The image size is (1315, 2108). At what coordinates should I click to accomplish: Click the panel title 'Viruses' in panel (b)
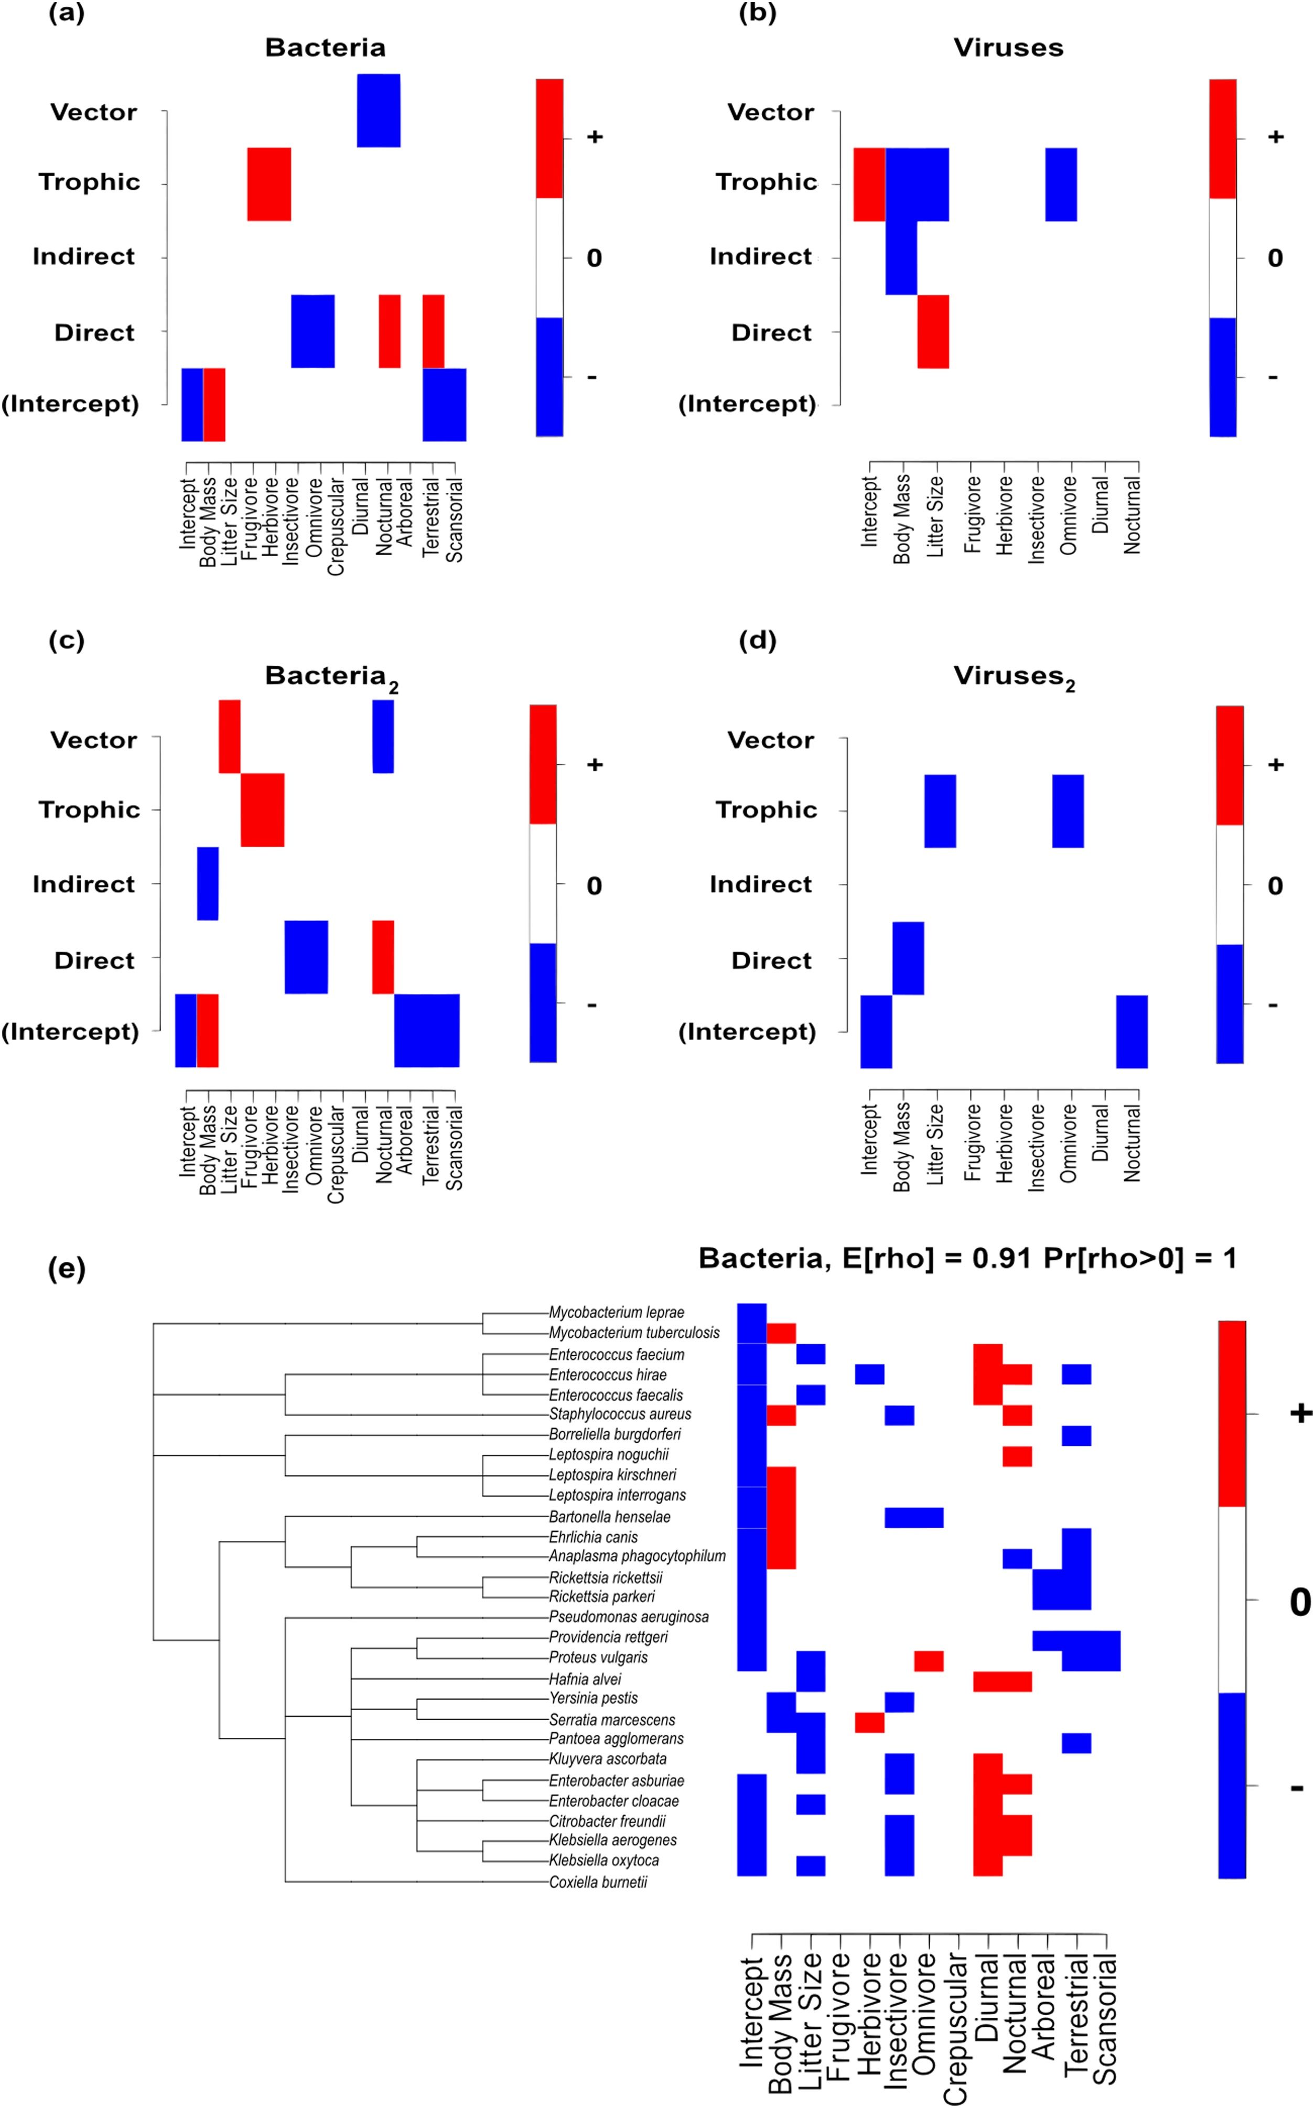click(x=1008, y=48)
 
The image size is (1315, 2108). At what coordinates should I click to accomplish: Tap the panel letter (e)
click(x=66, y=1269)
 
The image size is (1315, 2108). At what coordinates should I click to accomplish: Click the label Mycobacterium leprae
click(x=616, y=1312)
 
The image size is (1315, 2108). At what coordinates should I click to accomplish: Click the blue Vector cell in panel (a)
click(x=379, y=111)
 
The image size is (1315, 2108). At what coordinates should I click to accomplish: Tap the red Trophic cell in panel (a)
click(x=269, y=183)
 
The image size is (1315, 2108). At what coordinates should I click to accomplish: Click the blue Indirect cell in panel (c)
click(x=208, y=883)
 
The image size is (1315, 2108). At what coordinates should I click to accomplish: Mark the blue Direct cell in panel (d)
click(x=908, y=957)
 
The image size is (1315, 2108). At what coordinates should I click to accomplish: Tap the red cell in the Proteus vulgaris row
click(x=929, y=1660)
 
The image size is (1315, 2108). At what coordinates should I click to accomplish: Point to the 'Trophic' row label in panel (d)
click(x=766, y=809)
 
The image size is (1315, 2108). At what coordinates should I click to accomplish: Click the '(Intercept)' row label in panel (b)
click(x=747, y=404)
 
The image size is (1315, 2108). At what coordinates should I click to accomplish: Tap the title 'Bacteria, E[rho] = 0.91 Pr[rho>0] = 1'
click(x=967, y=1258)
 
